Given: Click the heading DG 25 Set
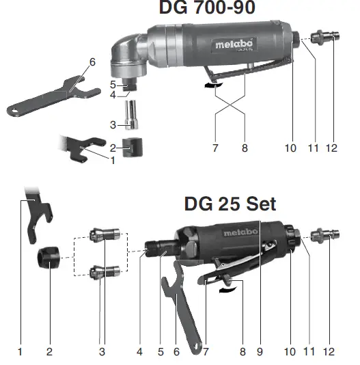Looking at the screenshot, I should (230, 204).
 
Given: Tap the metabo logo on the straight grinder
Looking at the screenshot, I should (241, 232).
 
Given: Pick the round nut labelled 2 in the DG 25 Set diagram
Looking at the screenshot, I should (49, 260).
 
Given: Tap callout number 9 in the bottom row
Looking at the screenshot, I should (260, 352).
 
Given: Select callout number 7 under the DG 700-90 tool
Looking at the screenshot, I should (215, 147).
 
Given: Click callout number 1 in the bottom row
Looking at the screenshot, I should (20, 352).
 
